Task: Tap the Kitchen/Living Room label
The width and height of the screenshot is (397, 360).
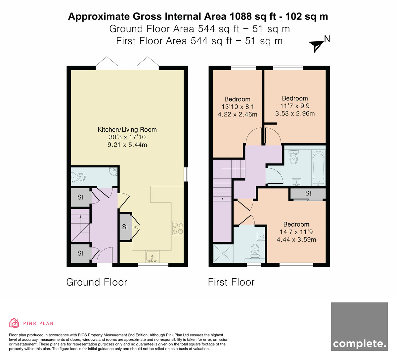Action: point(127,129)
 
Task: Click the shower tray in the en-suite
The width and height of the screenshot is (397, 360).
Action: point(223,254)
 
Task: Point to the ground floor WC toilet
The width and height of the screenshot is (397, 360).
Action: point(78,177)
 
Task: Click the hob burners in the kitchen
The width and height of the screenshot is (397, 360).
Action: point(177,228)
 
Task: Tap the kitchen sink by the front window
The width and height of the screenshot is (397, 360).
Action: point(152,257)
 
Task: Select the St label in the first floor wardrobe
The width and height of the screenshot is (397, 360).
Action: point(308,193)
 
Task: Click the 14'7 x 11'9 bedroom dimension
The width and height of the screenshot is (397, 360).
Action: point(296,232)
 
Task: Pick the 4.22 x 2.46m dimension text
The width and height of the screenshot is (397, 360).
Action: point(238,114)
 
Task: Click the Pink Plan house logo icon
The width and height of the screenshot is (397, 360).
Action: point(14,323)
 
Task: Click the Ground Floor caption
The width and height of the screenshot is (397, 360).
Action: point(97,282)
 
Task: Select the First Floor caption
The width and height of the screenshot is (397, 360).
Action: point(231,282)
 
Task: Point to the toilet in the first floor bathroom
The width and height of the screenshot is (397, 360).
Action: point(293,157)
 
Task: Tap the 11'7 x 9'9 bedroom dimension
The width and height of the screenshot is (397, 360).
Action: point(295,106)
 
